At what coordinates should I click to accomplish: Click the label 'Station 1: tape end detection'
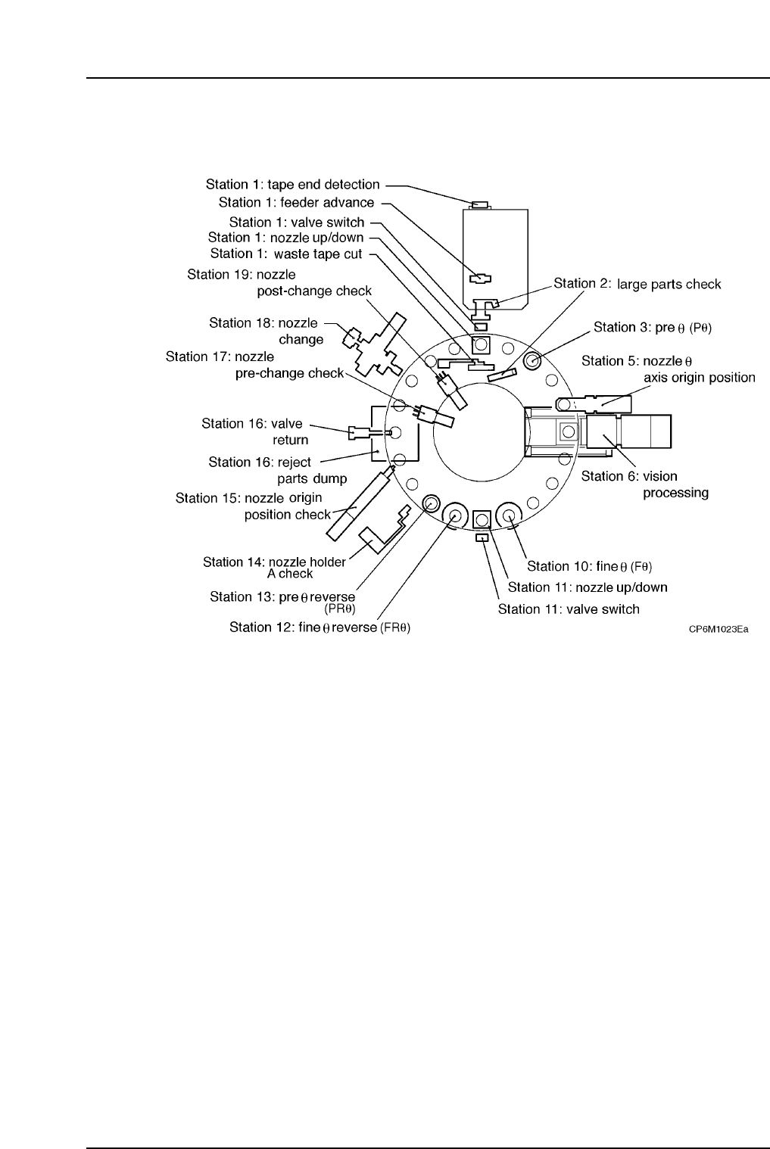[292, 185]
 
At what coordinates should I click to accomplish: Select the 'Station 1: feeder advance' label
[296, 203]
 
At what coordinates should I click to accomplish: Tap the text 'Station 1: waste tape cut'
[286, 254]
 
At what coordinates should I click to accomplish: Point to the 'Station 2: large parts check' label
[638, 284]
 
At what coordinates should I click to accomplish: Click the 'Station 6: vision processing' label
[644, 484]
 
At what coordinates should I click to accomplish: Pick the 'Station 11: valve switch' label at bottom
[569, 609]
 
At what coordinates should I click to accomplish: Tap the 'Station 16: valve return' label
[252, 431]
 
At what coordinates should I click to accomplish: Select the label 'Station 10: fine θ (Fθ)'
[589, 566]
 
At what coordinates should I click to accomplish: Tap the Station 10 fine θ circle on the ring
[509, 516]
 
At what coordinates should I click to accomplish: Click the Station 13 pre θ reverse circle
[432, 503]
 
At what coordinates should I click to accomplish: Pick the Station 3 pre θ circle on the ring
[532, 360]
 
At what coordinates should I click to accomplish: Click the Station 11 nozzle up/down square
[482, 519]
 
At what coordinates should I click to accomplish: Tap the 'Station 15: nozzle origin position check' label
[253, 506]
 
